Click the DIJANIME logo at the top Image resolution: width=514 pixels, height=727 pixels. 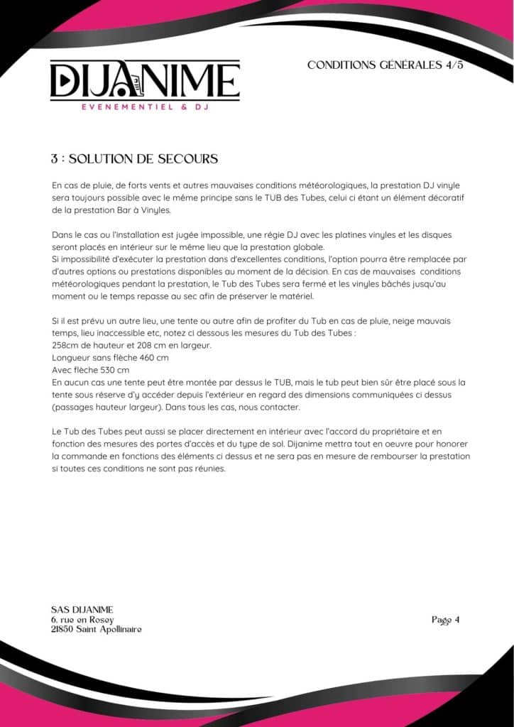[x=145, y=80]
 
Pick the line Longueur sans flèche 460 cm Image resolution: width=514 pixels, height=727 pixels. [x=111, y=358]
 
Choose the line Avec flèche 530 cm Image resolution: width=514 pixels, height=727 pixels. [x=91, y=370]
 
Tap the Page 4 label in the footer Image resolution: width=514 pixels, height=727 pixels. [x=446, y=620]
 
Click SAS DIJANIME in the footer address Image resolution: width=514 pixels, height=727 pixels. [x=82, y=609]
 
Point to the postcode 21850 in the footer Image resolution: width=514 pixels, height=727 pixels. [x=64, y=630]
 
